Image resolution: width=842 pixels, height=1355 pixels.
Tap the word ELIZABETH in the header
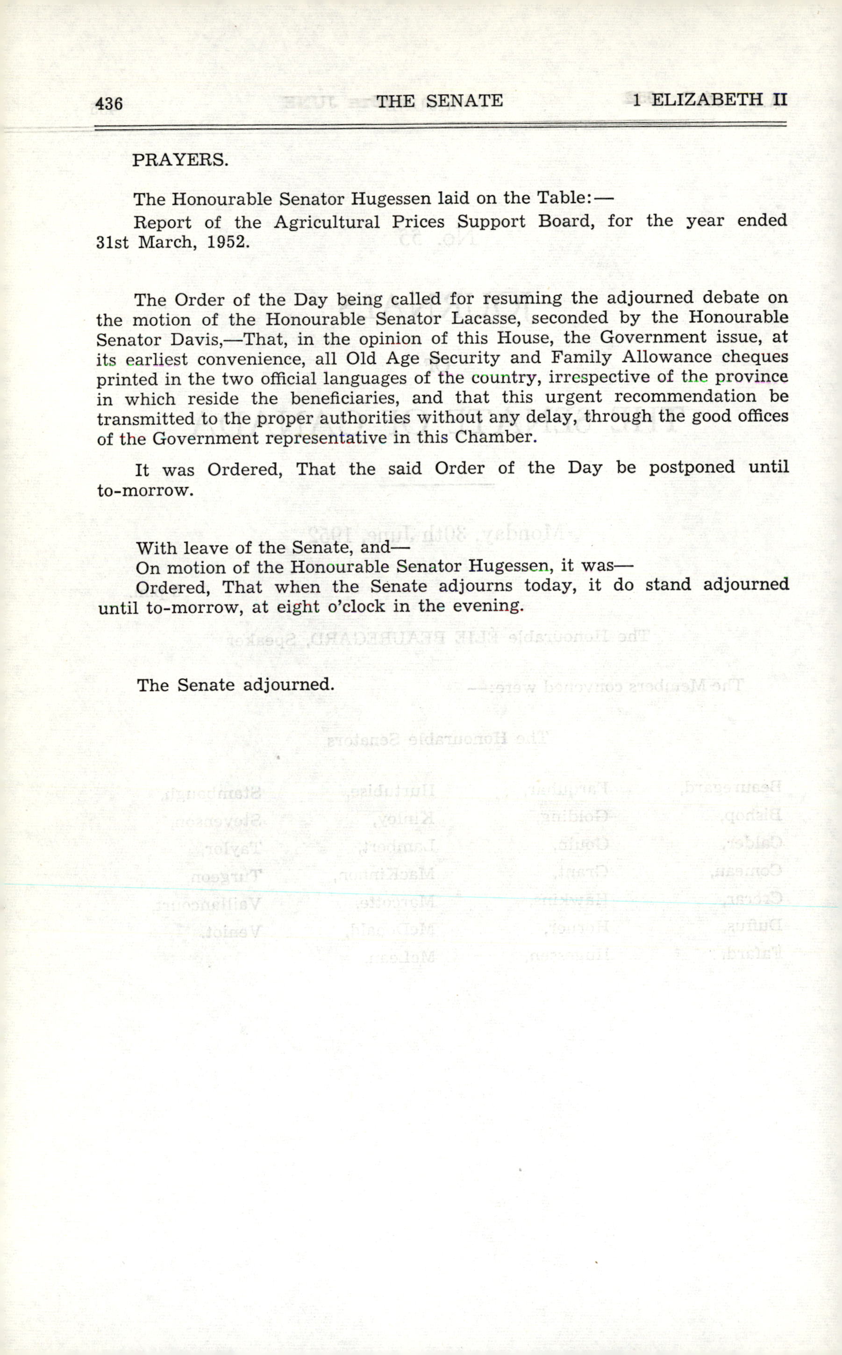coord(708,100)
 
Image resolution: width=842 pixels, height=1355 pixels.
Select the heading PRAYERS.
coord(180,160)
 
